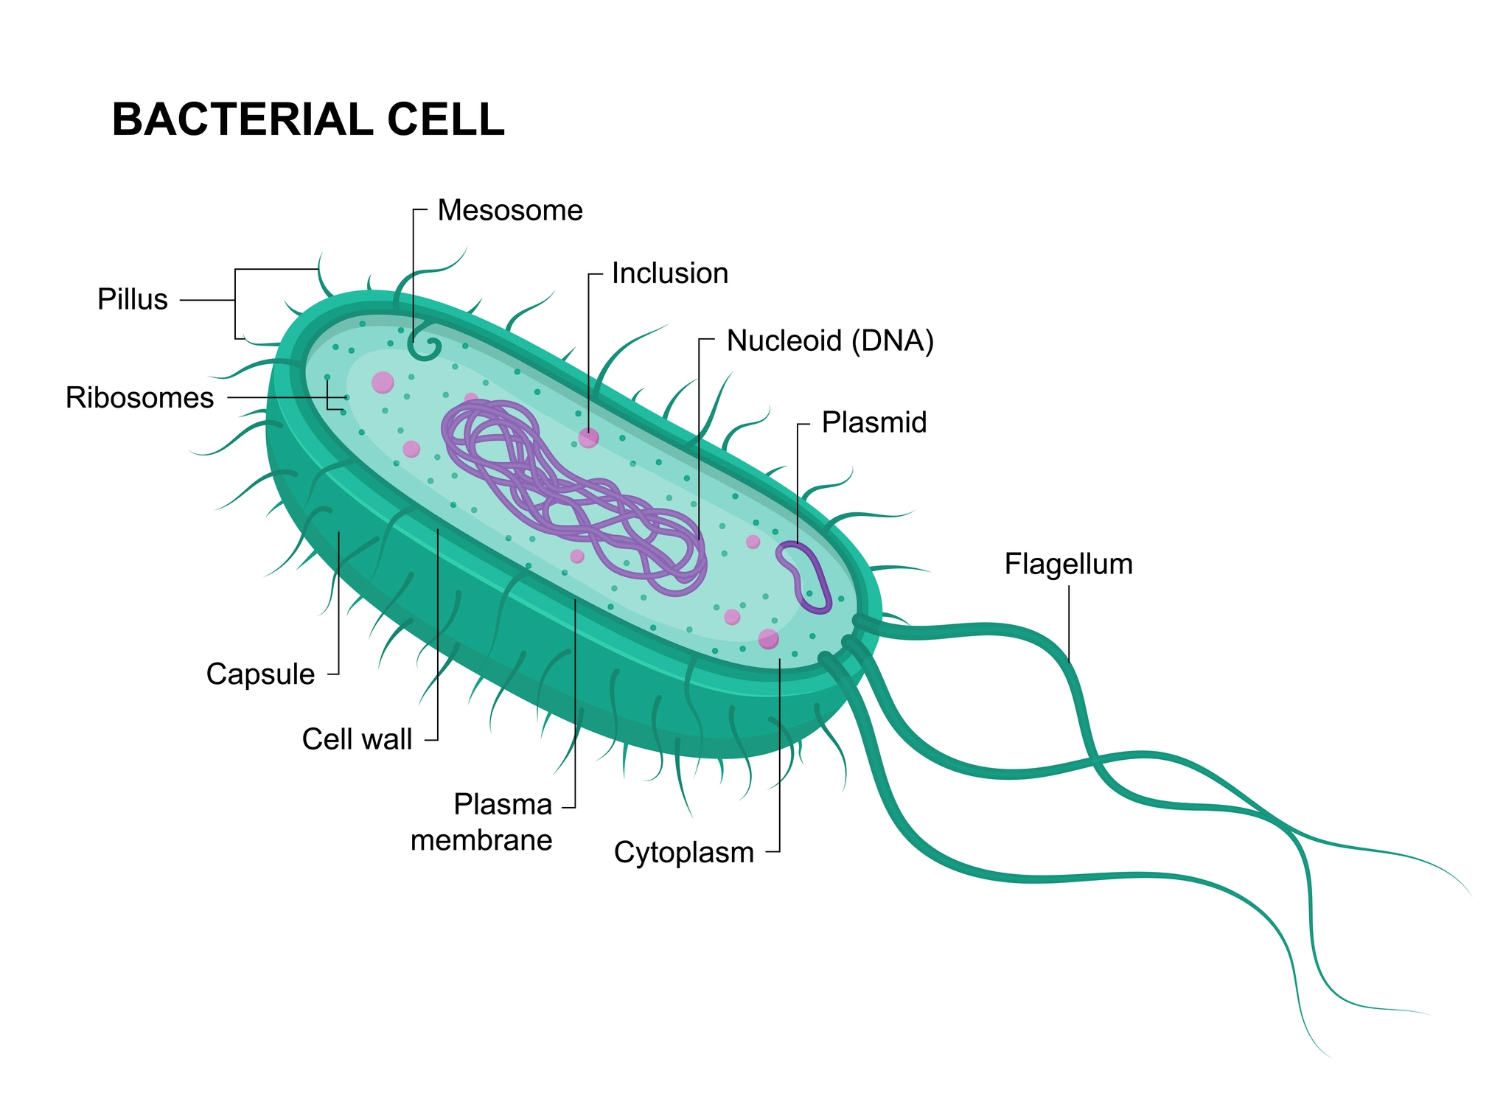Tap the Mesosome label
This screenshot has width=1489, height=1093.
click(x=510, y=211)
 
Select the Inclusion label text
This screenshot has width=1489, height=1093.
click(x=670, y=273)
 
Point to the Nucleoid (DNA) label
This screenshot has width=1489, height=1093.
click(x=831, y=341)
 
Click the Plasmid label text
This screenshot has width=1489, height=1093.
click(x=874, y=423)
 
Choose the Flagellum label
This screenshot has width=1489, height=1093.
click(x=1069, y=565)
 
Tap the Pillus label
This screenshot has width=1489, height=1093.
click(x=133, y=300)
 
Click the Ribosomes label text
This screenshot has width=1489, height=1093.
click(x=140, y=398)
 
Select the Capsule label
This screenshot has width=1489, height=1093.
click(x=260, y=675)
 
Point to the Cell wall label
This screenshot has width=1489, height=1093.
click(x=357, y=739)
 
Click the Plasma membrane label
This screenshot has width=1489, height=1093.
click(x=481, y=823)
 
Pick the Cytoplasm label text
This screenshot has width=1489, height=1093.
click(x=684, y=853)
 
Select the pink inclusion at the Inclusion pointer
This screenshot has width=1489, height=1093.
click(x=588, y=439)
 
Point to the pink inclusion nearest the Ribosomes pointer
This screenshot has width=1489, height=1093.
click(x=383, y=383)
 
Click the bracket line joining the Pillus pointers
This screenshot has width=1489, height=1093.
click(x=236, y=304)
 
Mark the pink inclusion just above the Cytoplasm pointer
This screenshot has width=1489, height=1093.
click(x=768, y=639)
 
